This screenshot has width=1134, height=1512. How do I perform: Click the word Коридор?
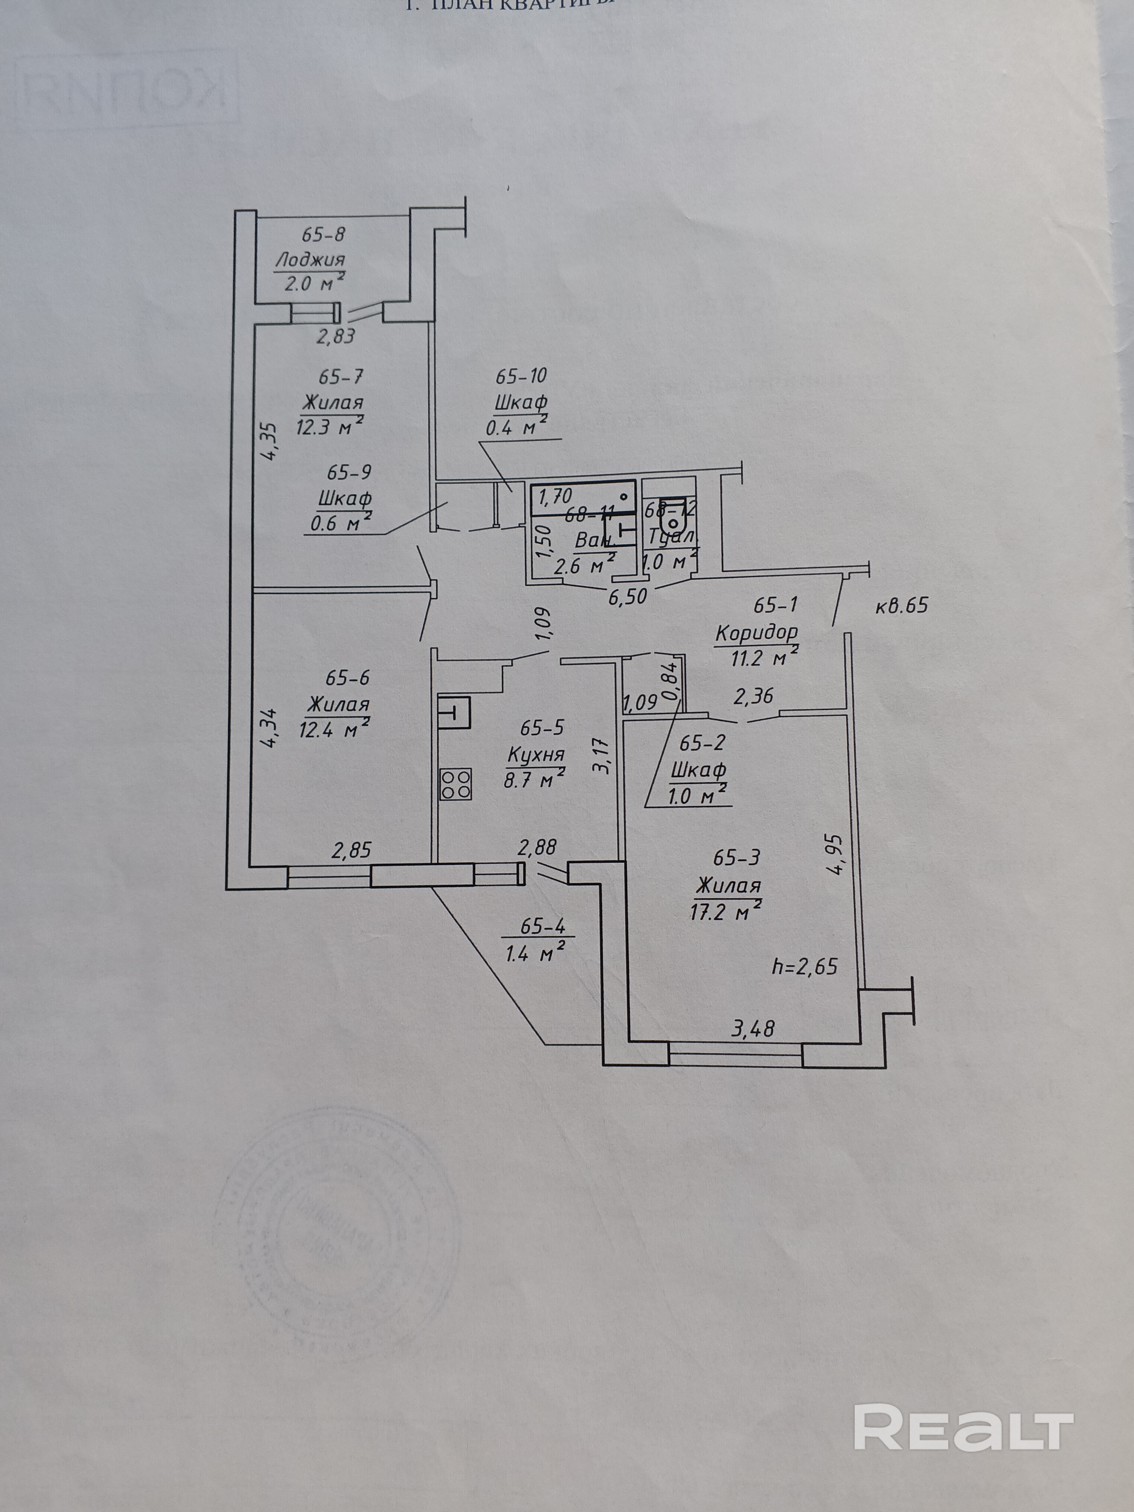tap(757, 632)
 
